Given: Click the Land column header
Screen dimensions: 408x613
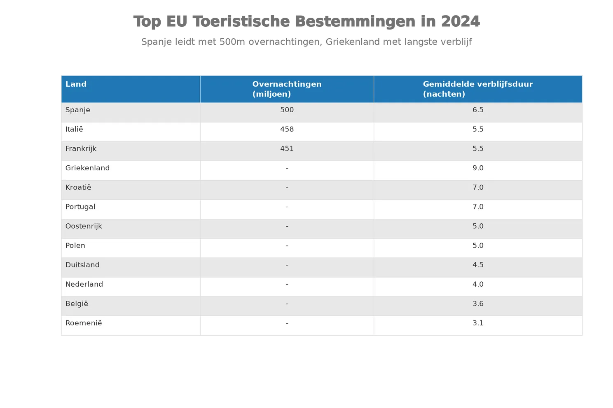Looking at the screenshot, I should (x=76, y=84).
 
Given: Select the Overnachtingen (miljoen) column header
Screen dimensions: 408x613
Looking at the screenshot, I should (x=287, y=89).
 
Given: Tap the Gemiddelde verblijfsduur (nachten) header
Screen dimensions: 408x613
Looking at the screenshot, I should (x=478, y=89).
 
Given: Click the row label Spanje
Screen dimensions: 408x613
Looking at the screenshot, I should (x=78, y=110).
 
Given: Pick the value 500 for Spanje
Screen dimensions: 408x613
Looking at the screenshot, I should (x=287, y=110).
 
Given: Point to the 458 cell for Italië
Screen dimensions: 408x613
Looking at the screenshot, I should (x=287, y=129).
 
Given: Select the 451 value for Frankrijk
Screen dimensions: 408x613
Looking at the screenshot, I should (x=287, y=148).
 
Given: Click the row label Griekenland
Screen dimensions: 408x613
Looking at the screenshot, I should (x=87, y=168).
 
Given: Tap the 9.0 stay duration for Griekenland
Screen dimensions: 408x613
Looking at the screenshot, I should (x=478, y=168).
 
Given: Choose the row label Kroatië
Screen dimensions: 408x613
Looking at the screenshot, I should (x=78, y=187).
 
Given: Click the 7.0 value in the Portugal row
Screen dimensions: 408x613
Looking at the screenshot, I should (x=478, y=206).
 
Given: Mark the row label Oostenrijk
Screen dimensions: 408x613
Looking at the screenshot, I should (x=84, y=226).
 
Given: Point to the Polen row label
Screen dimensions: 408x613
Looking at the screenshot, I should (x=75, y=246).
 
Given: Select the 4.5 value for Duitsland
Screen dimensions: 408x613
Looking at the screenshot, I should (x=478, y=265).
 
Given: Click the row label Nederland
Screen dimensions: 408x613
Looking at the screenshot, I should (x=84, y=284).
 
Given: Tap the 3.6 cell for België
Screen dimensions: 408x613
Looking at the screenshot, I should (x=478, y=304).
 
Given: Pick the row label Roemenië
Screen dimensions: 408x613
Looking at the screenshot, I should (x=84, y=323).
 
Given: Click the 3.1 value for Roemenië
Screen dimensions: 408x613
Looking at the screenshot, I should (x=478, y=323).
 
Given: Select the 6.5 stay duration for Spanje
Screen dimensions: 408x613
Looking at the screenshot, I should (x=478, y=110).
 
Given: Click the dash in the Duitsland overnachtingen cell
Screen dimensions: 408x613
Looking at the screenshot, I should (x=287, y=265).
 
